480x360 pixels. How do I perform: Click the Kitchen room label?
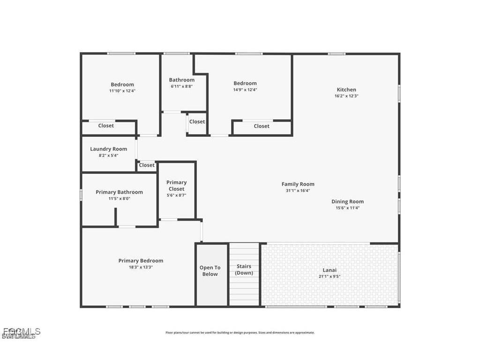pos(346,90)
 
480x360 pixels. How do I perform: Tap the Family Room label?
pos(298,184)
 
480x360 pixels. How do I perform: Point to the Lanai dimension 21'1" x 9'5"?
pos(329,277)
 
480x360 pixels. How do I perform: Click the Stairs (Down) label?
pos(244,270)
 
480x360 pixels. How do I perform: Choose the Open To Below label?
pos(210,271)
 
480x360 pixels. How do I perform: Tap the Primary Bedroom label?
pos(141,261)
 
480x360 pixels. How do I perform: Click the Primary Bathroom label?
pos(119,192)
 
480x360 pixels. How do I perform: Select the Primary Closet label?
pos(176,186)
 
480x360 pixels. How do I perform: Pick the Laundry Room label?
pos(108,149)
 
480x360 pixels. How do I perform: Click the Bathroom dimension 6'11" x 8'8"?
pos(181,86)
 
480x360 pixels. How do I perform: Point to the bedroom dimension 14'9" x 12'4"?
pos(245,90)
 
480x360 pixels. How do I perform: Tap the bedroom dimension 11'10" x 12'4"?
pos(122,91)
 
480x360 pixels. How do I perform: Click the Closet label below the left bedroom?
pos(106,126)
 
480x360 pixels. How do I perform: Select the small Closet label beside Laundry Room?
pos(147,165)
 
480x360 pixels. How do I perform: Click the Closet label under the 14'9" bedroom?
pos(262,126)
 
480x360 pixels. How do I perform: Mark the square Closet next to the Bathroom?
pos(197,121)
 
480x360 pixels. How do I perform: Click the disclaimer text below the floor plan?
pos(240,333)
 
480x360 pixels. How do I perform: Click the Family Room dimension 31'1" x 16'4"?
pos(298,191)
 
